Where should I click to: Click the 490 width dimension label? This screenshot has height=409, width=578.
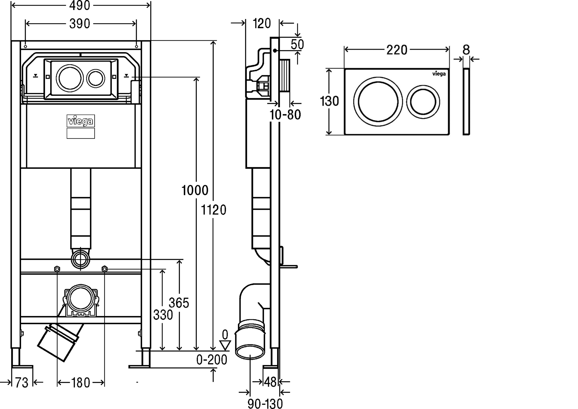pos(79,6)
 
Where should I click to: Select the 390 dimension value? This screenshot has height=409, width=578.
pos(79,24)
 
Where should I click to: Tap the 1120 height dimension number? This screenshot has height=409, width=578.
pos(214,210)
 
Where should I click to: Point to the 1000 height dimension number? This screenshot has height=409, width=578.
pos(195,190)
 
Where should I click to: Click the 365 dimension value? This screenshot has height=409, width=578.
pos(179,303)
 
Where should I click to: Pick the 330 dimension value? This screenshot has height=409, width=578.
pos(163,315)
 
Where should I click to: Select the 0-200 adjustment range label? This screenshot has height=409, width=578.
pos(212,360)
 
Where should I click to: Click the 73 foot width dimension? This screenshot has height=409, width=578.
pos(22,383)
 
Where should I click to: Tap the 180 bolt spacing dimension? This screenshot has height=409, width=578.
pos(80,383)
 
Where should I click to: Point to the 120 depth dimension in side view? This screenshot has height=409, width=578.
pos(262,23)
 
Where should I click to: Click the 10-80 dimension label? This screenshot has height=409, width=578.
pos(285,115)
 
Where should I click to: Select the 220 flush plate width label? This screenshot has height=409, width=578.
pos(397,50)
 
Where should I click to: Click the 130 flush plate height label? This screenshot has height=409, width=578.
pos(329,101)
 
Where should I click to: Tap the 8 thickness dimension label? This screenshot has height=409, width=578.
pos(466,50)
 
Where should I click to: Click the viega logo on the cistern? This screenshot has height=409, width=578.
pos(81,121)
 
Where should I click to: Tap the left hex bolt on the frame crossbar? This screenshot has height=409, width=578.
pos(57,269)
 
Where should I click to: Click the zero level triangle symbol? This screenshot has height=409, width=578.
pos(225,345)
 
